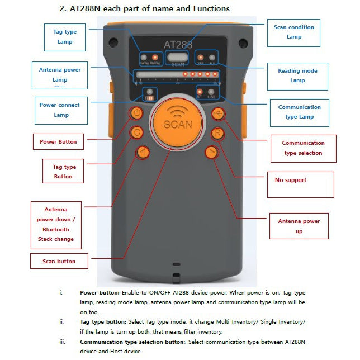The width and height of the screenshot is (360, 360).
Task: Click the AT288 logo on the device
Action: tap(178, 45)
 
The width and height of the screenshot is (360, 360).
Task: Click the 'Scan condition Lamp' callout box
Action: tap(294, 32)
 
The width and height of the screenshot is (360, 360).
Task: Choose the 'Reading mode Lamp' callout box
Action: tap(297, 75)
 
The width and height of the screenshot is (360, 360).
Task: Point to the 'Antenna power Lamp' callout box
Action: tap(60, 75)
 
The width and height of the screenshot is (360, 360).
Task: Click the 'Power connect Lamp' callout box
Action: tap(60, 110)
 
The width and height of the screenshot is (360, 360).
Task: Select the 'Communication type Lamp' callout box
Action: tap(299, 112)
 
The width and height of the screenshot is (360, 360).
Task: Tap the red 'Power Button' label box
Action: tap(58, 141)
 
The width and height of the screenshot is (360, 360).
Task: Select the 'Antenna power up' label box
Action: tap(299, 226)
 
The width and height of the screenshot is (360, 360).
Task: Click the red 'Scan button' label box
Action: tap(59, 260)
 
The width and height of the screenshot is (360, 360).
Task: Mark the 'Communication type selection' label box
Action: tap(303, 148)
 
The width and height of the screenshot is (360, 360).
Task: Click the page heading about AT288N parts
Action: tap(144, 9)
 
